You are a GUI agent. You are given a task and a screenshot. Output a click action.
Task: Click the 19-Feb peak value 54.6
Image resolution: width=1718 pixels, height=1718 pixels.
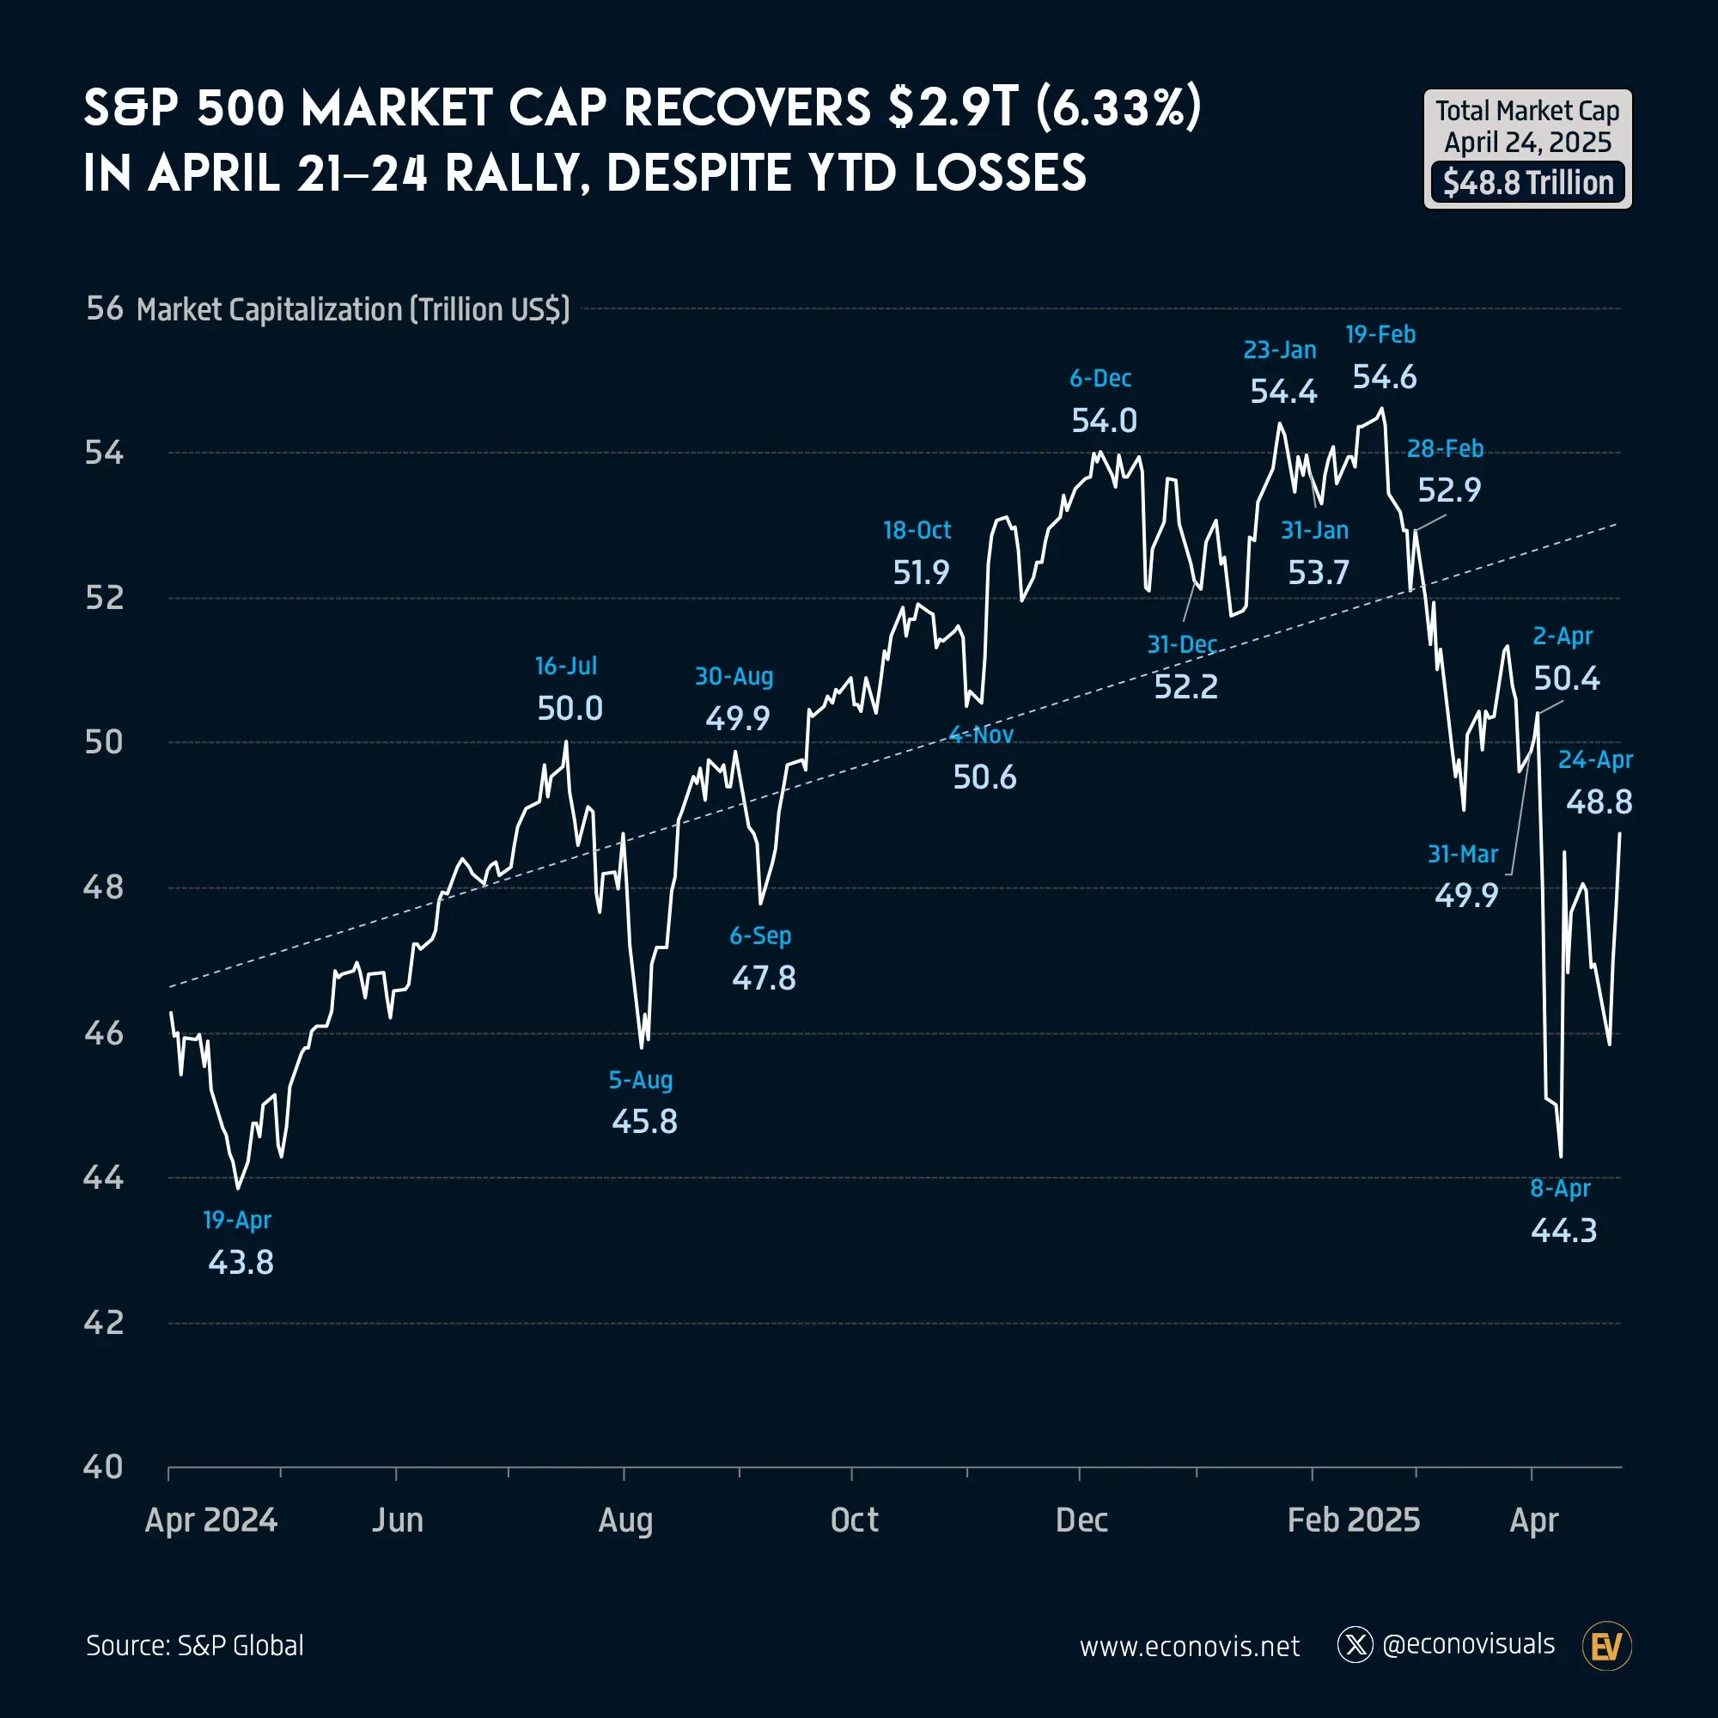coord(1385,378)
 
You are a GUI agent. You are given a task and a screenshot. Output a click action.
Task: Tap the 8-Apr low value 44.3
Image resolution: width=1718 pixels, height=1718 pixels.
coord(1563,1231)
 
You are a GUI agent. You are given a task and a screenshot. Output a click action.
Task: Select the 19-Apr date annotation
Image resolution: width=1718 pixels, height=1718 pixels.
coord(236,1219)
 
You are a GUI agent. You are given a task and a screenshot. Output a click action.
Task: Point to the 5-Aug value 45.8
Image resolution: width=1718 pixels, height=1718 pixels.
coord(643,1121)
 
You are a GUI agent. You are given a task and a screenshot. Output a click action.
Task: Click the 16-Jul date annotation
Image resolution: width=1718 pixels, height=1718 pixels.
coord(565,665)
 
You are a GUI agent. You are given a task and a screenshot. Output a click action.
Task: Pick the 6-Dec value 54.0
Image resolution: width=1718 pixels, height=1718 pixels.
coord(1104,421)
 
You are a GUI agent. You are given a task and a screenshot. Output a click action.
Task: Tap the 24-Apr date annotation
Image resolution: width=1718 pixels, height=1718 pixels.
coord(1595,759)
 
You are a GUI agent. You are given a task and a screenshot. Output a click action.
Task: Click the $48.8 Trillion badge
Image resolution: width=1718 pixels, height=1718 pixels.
coord(1527,183)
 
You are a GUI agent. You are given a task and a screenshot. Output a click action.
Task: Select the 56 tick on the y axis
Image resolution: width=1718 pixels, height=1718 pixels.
coord(104,308)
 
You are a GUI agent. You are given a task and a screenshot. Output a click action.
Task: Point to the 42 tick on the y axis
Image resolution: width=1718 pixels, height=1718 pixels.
coord(103,1322)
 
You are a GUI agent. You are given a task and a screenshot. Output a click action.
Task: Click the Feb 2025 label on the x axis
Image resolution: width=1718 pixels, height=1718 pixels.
coord(1353,1520)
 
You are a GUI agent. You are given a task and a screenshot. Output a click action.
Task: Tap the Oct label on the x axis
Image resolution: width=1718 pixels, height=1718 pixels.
coord(854,1520)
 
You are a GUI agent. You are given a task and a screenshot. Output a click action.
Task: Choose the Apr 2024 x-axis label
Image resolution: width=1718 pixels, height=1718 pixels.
coord(210,1520)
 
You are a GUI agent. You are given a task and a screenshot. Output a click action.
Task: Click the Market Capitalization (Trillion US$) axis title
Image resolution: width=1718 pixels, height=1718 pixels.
coord(353,309)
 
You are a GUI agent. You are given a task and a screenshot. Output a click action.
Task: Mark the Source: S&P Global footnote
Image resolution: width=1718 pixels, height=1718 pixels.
coord(195,1645)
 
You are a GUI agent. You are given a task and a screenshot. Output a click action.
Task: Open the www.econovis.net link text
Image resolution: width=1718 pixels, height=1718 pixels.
coord(1189,1647)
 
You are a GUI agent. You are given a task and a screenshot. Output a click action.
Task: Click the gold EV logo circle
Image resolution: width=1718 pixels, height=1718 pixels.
coord(1606,1646)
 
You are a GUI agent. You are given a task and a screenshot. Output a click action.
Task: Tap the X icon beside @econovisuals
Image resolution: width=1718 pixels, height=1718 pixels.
coord(1356,1645)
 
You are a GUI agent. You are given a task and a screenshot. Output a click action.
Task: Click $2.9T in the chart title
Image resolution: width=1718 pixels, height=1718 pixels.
coord(953,108)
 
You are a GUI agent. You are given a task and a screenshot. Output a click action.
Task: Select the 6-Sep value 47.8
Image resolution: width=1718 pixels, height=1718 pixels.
coord(764,978)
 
